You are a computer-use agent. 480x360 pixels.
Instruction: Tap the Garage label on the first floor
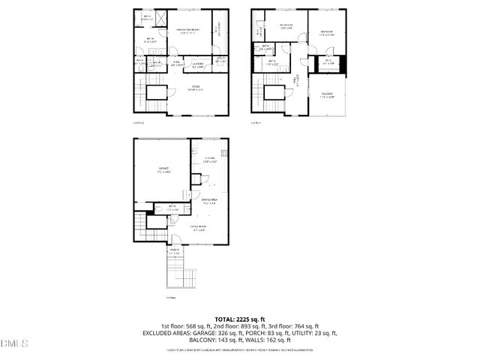(163, 170)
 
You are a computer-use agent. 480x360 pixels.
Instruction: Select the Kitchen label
(209, 159)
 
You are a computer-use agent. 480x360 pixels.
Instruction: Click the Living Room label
(199, 229)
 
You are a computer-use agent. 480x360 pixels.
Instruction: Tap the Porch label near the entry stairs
(174, 252)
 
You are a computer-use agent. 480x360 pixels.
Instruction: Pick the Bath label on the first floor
(172, 208)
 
